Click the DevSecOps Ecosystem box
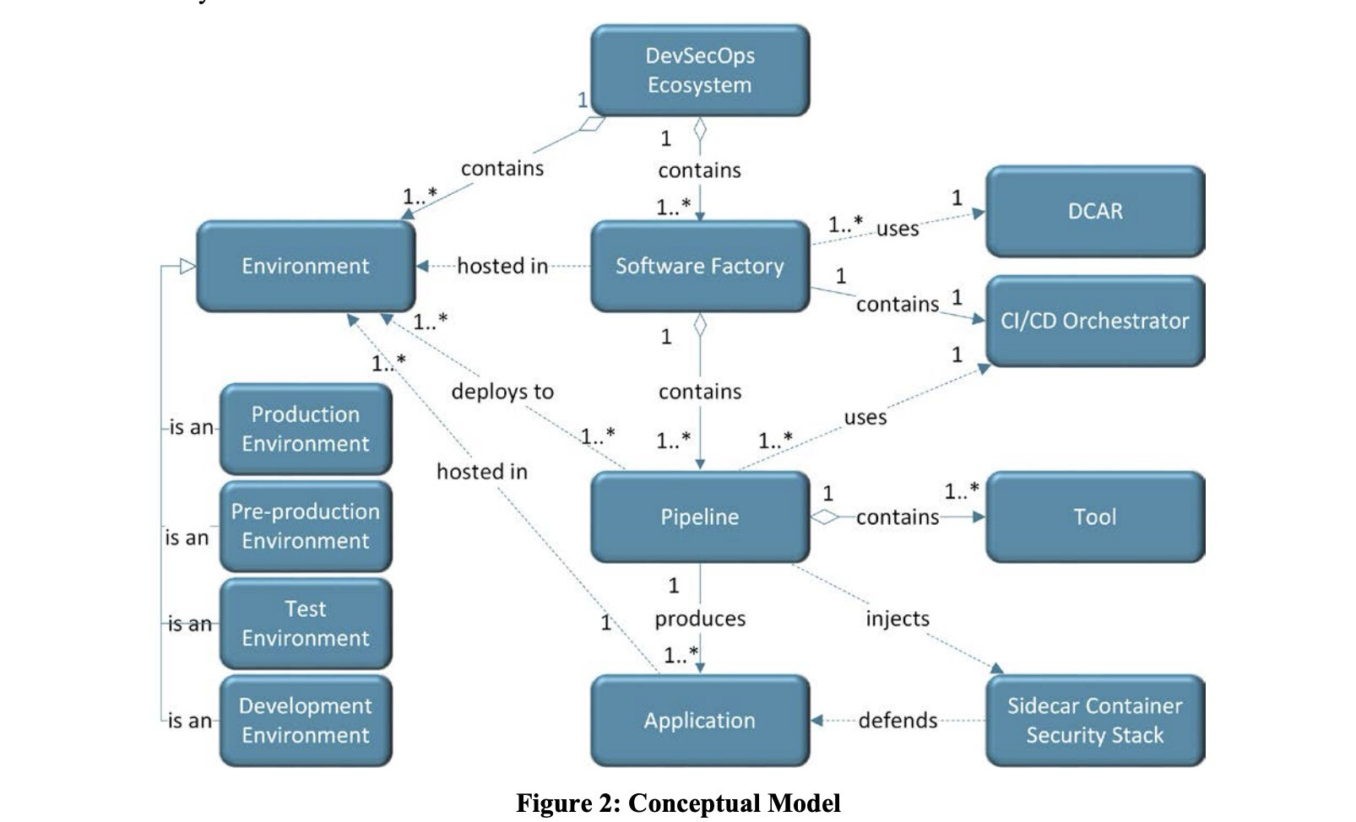point(699,70)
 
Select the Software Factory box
point(699,266)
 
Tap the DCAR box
point(1095,211)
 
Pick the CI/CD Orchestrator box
point(1095,321)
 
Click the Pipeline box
point(699,516)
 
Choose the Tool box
point(1095,516)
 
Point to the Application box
point(699,720)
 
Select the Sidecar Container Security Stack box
point(1095,720)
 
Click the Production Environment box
point(306,429)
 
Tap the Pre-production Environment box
point(306,526)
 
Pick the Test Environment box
point(306,623)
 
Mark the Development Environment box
point(306,720)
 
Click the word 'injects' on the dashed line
point(897,619)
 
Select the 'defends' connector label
point(898,720)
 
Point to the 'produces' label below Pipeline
point(700,619)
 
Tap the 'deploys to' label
point(502,392)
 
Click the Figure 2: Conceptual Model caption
point(678,803)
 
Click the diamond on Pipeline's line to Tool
point(824,516)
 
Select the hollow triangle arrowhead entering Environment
point(187,267)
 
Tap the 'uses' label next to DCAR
point(898,229)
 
